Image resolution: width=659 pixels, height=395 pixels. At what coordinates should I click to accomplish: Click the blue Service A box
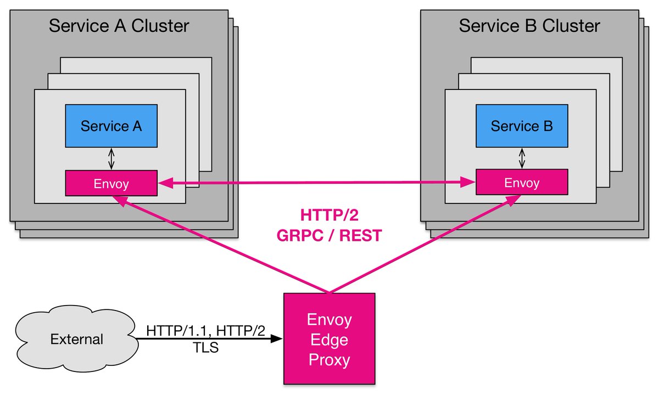click(111, 126)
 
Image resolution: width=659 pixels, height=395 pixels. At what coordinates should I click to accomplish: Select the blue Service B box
click(521, 126)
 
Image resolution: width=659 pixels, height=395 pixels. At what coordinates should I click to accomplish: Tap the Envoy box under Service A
click(111, 183)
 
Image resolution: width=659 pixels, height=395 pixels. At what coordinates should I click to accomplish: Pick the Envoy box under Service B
click(521, 182)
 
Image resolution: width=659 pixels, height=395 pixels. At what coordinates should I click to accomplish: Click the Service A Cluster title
click(119, 26)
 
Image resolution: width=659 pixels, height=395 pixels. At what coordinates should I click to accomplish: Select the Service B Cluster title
click(529, 26)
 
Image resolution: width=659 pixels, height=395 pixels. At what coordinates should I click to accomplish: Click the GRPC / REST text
click(329, 235)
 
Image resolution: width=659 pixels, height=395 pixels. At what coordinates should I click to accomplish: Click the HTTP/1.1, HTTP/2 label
click(205, 331)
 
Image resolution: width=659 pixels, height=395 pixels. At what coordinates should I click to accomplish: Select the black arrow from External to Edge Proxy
click(209, 340)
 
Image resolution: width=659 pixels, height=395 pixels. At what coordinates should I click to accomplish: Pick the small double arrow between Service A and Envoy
click(111, 159)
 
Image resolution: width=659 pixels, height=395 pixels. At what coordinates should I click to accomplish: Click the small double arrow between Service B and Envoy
click(522, 159)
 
